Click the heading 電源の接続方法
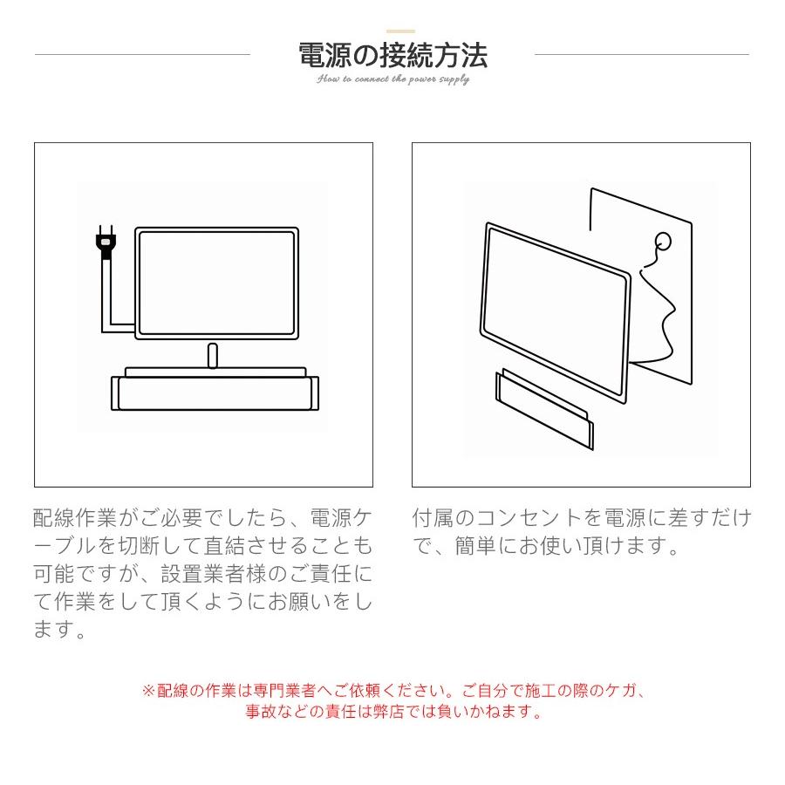(x=392, y=55)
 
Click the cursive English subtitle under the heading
(x=392, y=79)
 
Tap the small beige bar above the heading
(x=400, y=31)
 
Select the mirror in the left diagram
(x=216, y=283)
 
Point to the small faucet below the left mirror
(x=212, y=356)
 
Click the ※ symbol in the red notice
(x=148, y=691)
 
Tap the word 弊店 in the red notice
(x=426, y=712)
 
